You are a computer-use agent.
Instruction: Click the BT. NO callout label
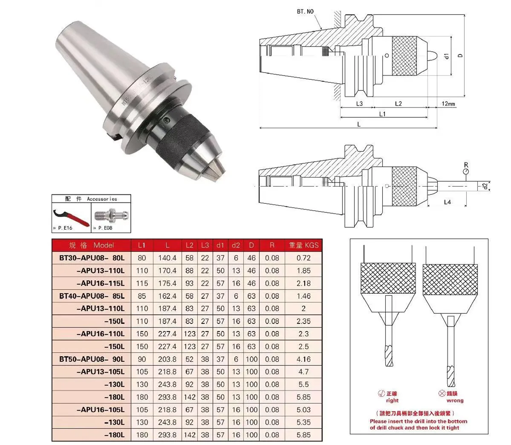click(x=306, y=12)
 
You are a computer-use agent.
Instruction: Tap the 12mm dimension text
click(x=448, y=104)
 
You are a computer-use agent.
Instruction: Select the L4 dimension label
click(x=447, y=202)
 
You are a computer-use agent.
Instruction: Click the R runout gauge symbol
click(x=466, y=170)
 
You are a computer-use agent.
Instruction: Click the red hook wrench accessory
click(x=70, y=217)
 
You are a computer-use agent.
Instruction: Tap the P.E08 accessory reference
click(x=105, y=228)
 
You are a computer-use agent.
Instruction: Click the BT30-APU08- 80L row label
click(x=92, y=258)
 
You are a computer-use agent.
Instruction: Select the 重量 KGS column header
click(x=303, y=245)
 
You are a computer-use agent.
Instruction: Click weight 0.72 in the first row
click(x=303, y=258)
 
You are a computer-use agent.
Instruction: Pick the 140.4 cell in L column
click(x=167, y=258)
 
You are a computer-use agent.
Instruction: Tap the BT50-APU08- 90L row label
click(x=92, y=359)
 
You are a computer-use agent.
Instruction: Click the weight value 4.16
click(x=303, y=359)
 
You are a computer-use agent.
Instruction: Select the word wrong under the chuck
click(x=455, y=401)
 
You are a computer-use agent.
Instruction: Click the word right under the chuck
click(x=392, y=401)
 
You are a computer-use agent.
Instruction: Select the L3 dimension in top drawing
click(x=359, y=104)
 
